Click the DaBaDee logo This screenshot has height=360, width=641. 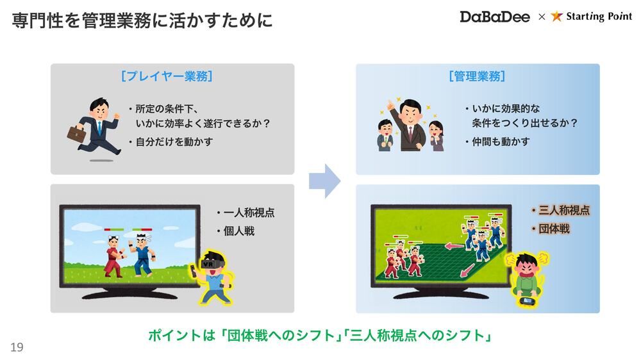[495, 17]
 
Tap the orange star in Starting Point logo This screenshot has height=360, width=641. [556, 17]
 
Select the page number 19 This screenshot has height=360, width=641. [17, 347]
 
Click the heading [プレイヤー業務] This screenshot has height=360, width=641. [167, 76]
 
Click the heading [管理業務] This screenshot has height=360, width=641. [477, 76]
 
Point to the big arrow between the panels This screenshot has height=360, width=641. [324, 181]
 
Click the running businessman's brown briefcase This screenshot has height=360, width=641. [76, 134]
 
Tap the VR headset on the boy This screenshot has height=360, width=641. [212, 263]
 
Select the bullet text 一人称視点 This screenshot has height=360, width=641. [249, 213]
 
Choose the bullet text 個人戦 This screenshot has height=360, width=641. [239, 231]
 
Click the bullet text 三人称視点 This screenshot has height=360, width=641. [564, 210]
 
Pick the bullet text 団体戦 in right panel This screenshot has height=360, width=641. [554, 229]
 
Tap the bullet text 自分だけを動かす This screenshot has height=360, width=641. [174, 142]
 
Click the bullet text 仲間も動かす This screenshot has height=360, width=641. [501, 142]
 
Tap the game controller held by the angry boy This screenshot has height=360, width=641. [527, 302]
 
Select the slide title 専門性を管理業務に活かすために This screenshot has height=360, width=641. [142, 20]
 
